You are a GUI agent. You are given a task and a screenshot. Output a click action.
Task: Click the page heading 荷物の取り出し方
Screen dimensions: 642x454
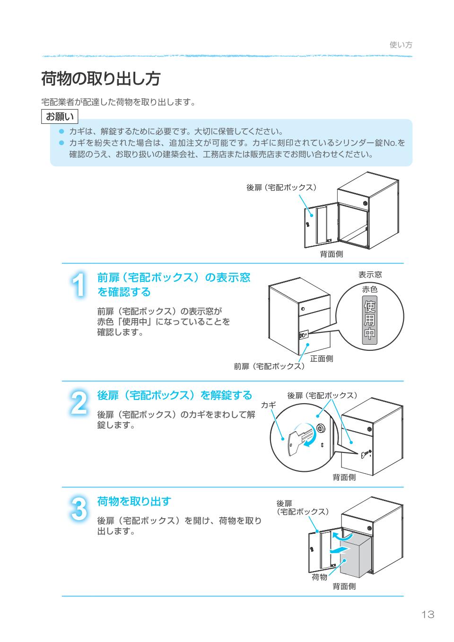click(100, 79)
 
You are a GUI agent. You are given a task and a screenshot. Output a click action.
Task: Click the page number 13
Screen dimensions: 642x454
click(428, 614)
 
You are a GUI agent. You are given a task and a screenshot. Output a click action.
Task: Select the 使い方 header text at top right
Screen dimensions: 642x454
click(401, 45)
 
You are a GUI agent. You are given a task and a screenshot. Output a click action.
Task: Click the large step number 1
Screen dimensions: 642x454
click(79, 285)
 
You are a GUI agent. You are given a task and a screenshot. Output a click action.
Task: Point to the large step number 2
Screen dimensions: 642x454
click(79, 403)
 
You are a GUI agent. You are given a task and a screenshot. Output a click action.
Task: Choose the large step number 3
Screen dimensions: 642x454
click(79, 509)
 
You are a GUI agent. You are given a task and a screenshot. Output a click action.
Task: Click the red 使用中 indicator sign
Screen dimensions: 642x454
click(370, 321)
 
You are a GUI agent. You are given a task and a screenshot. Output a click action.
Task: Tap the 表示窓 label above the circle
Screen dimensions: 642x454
click(370, 275)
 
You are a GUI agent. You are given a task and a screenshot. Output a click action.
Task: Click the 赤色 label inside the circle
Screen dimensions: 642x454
click(370, 289)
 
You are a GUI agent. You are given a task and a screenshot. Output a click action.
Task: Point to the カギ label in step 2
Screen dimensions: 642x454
click(268, 405)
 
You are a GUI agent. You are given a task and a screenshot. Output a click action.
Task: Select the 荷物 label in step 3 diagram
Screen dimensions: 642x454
click(320, 577)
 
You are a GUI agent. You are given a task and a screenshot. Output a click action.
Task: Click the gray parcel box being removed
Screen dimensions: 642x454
click(355, 555)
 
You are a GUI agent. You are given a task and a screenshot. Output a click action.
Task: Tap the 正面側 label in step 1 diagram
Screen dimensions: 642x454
click(321, 358)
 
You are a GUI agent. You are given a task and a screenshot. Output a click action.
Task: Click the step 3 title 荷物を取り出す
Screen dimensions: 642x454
click(134, 501)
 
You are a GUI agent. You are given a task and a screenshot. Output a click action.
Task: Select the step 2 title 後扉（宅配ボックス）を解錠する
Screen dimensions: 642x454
click(175, 395)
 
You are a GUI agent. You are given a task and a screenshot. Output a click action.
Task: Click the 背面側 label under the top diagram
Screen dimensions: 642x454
click(332, 254)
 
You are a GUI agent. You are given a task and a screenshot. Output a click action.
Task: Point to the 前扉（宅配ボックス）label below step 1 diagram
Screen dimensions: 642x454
click(269, 366)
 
